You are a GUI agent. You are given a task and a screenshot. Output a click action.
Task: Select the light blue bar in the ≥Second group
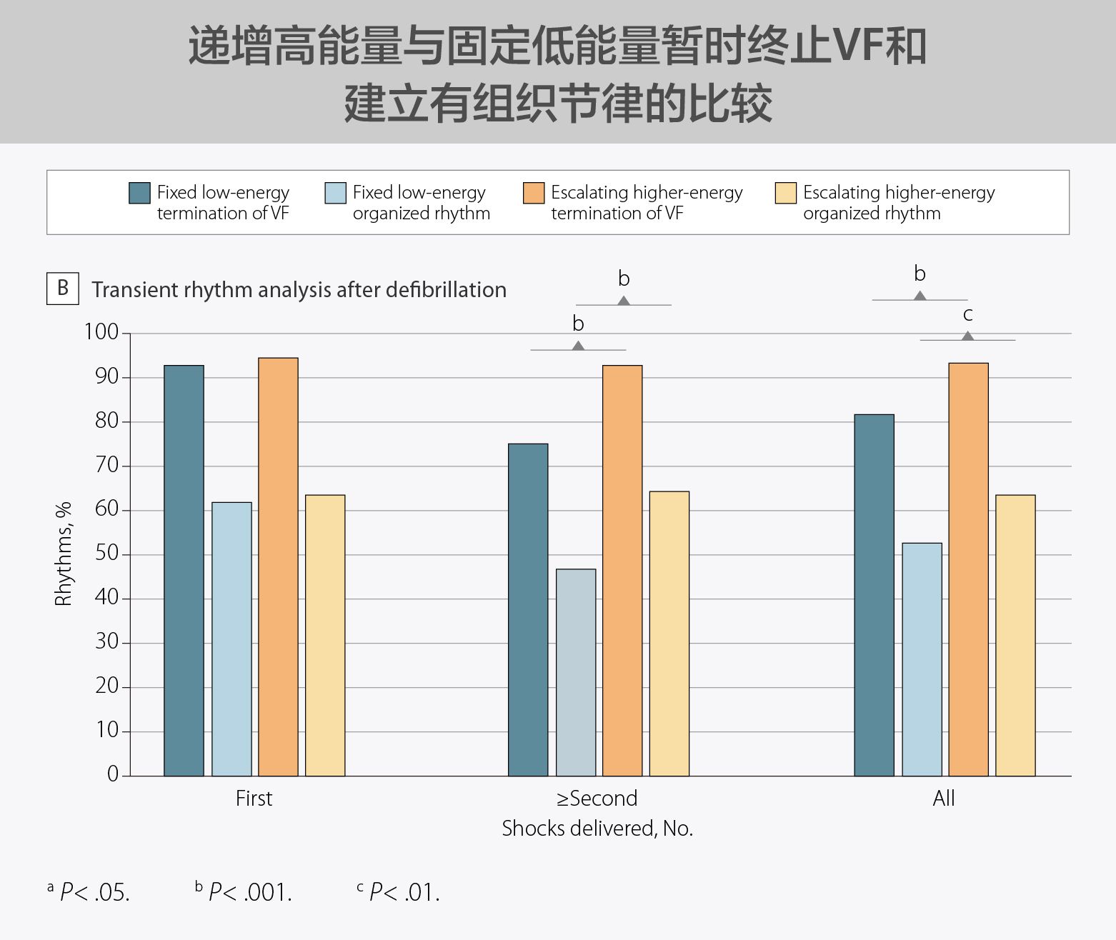pyautogui.click(x=576, y=672)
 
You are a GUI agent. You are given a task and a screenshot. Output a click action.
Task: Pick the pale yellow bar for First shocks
pyautogui.click(x=325, y=635)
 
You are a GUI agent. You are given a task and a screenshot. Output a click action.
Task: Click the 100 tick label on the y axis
pyautogui.click(x=101, y=332)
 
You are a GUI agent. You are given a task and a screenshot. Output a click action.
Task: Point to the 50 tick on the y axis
pyautogui.click(x=106, y=554)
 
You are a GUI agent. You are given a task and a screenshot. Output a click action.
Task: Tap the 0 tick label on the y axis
pyautogui.click(x=113, y=774)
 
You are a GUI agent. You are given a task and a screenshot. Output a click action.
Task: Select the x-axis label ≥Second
pyautogui.click(x=597, y=798)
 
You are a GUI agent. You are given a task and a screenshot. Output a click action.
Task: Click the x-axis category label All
pyautogui.click(x=943, y=798)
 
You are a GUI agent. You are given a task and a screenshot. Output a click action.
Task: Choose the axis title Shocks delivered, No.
pyautogui.click(x=597, y=829)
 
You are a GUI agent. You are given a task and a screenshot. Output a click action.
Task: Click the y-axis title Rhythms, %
pyautogui.click(x=64, y=554)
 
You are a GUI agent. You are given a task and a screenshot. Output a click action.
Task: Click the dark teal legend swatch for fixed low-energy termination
pyautogui.click(x=139, y=193)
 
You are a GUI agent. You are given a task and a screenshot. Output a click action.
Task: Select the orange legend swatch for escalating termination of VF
pyautogui.click(x=534, y=193)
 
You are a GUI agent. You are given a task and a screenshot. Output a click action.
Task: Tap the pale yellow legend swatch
pyautogui.click(x=786, y=193)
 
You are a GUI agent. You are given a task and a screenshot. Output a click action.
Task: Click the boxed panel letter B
pyautogui.click(x=63, y=288)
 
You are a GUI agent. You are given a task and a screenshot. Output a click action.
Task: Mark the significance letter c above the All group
pyautogui.click(x=968, y=314)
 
